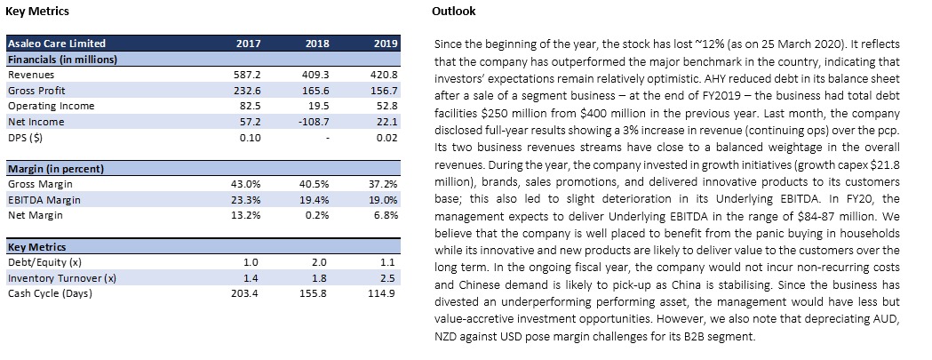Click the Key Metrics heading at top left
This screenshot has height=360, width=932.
point(36,12)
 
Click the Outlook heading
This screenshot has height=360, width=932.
point(453,12)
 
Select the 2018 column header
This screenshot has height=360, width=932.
point(317,44)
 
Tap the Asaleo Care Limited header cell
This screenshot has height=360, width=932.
point(57,44)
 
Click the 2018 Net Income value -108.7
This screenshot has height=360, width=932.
point(315,122)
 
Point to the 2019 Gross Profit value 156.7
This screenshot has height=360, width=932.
point(386,91)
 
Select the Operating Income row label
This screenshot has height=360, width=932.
point(52,106)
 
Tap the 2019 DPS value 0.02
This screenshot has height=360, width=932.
point(387,138)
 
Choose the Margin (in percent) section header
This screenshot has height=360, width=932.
point(56,169)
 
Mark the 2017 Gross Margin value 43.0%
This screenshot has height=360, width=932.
point(245,185)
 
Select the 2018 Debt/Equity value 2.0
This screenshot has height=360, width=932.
point(322,262)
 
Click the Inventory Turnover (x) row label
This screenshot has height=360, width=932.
point(62,278)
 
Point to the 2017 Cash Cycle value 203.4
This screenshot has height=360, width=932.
point(245,293)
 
